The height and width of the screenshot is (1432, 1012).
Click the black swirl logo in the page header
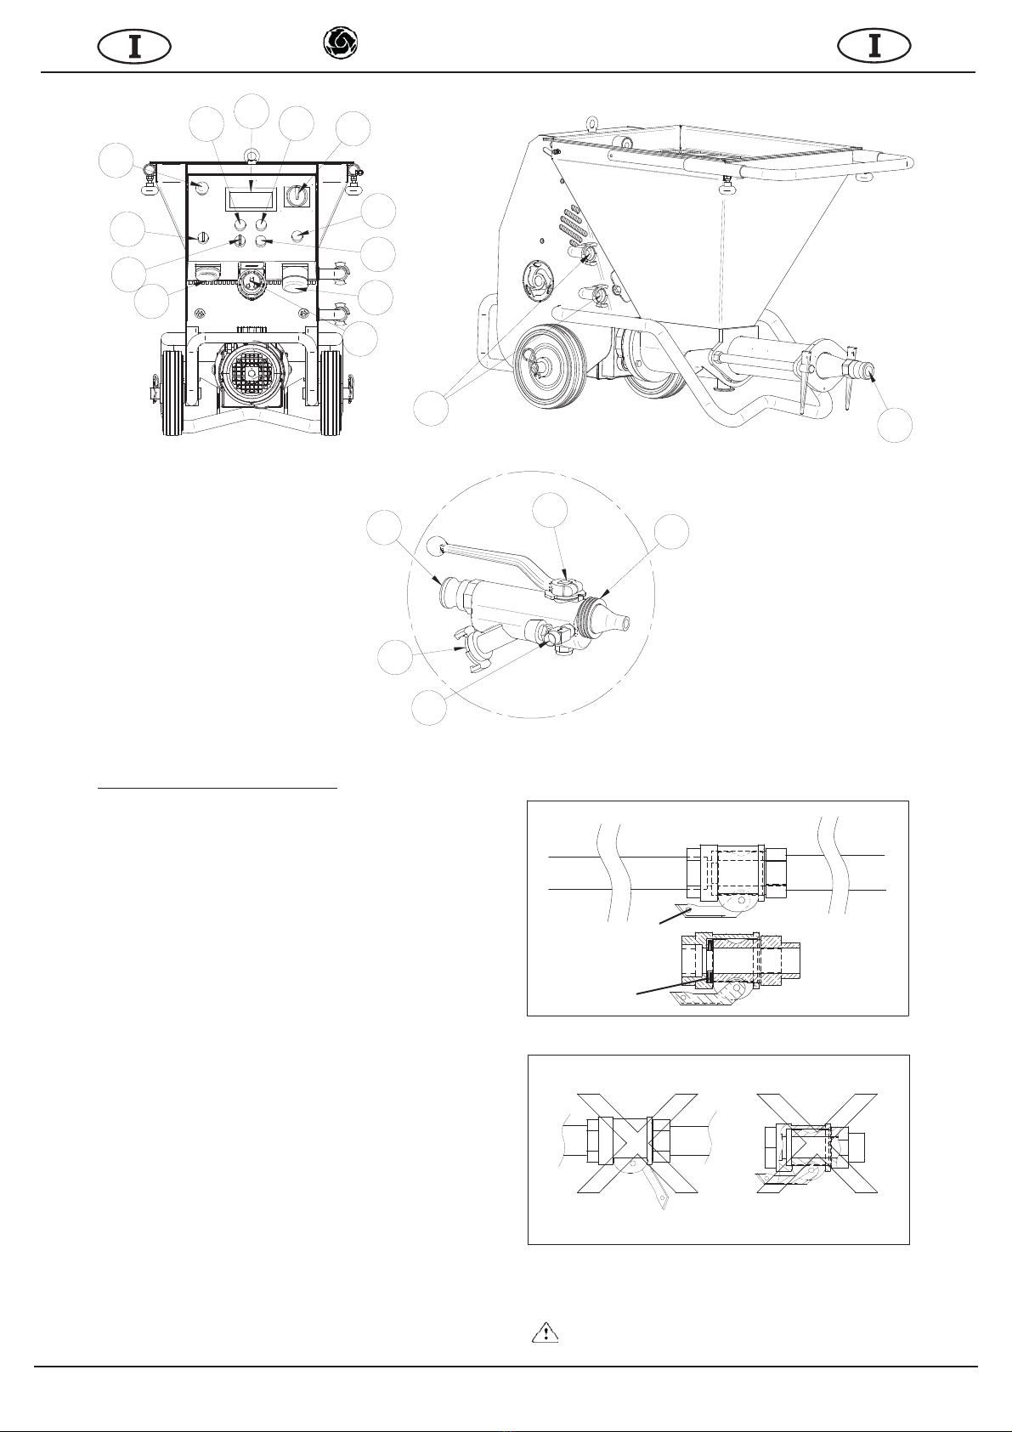(340, 44)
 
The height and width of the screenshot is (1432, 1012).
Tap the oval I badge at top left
(134, 47)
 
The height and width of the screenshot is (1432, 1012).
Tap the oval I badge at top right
(873, 47)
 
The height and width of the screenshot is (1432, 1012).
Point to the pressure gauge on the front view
(252, 283)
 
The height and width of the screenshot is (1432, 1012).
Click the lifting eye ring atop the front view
(252, 155)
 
